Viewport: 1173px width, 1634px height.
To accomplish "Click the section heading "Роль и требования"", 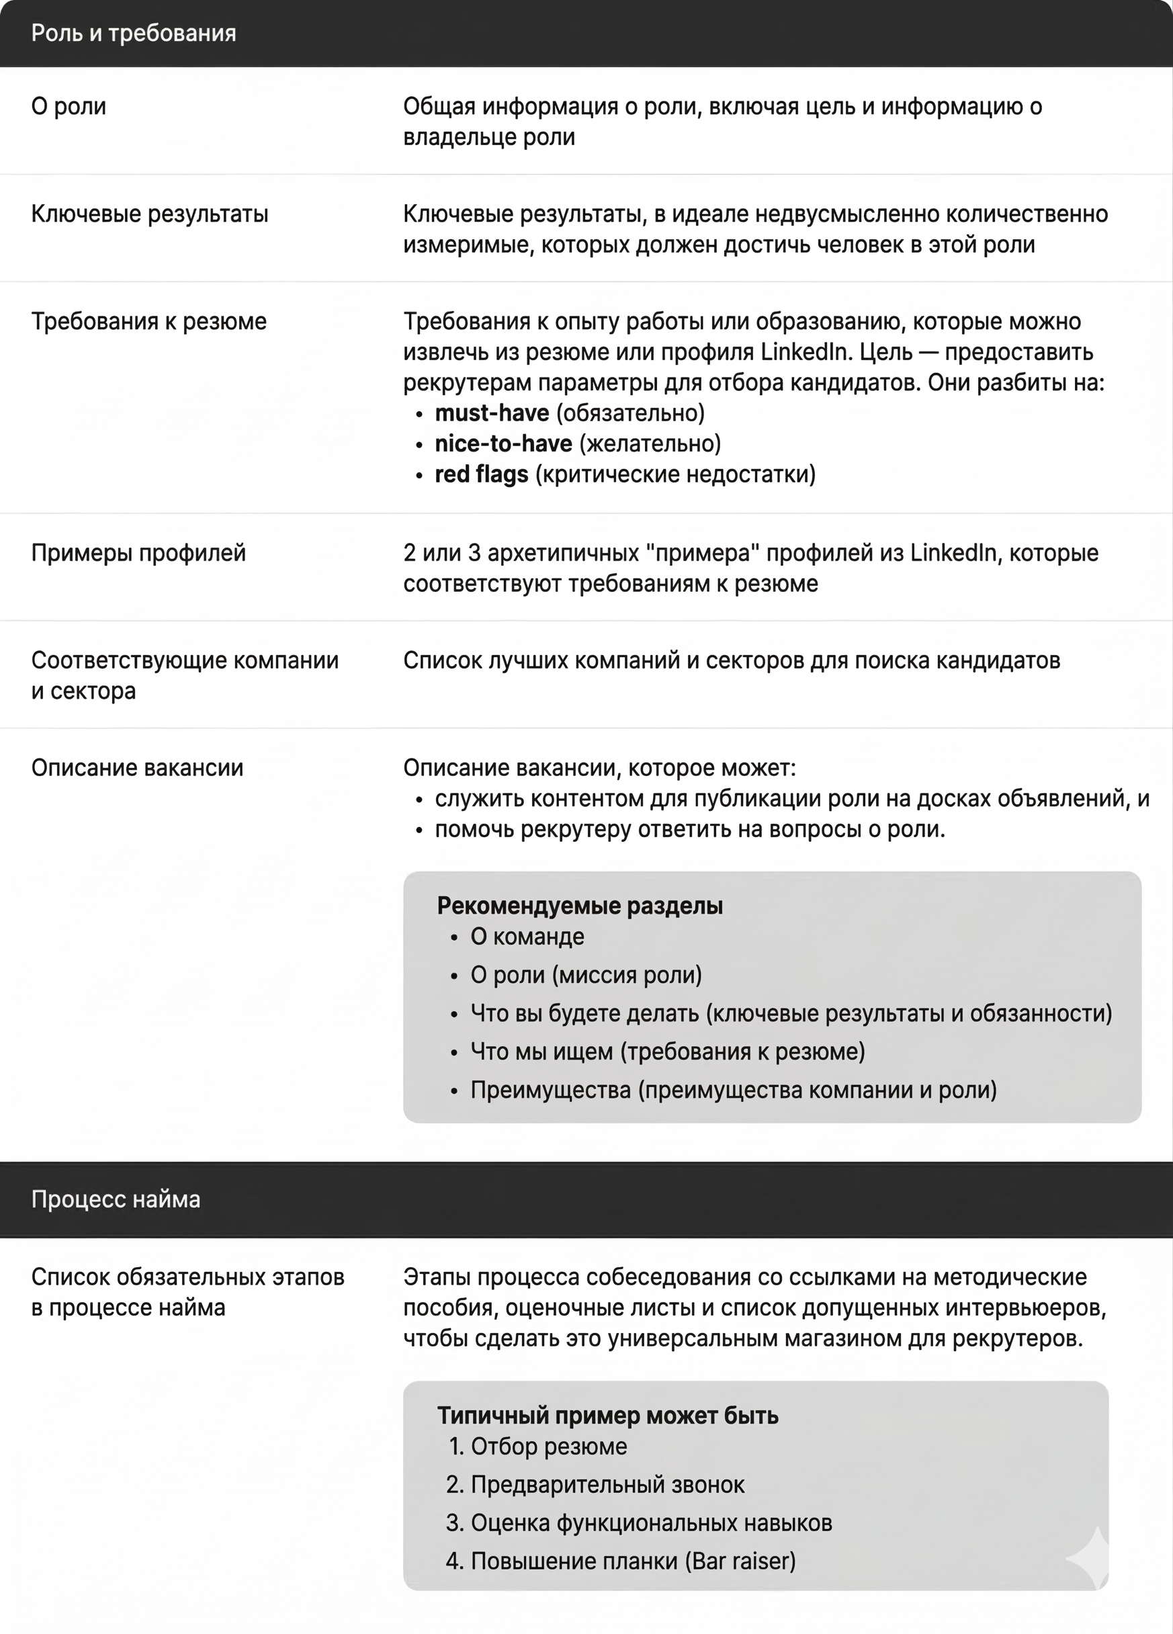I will point(133,33).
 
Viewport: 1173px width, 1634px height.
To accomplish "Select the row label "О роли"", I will point(69,106).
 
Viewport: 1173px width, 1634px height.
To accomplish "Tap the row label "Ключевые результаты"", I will point(149,213).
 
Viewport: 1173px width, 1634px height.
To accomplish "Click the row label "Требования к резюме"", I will point(148,320).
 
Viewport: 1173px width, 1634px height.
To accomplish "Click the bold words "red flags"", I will point(481,474).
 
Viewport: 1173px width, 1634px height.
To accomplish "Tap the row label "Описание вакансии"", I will point(137,767).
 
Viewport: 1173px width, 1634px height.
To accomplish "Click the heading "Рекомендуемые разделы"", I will point(579,906).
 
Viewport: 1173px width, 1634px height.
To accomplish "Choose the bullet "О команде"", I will point(527,937).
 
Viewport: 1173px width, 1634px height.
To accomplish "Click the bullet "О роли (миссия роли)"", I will point(586,975).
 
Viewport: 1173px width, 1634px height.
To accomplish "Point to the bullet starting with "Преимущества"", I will point(733,1089).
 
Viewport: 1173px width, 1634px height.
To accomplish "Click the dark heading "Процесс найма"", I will point(116,1199).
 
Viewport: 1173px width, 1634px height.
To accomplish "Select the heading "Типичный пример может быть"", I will point(607,1415).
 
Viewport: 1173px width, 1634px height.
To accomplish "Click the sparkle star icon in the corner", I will point(1090,1557).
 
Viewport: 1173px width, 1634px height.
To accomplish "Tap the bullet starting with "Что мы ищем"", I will point(667,1051).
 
